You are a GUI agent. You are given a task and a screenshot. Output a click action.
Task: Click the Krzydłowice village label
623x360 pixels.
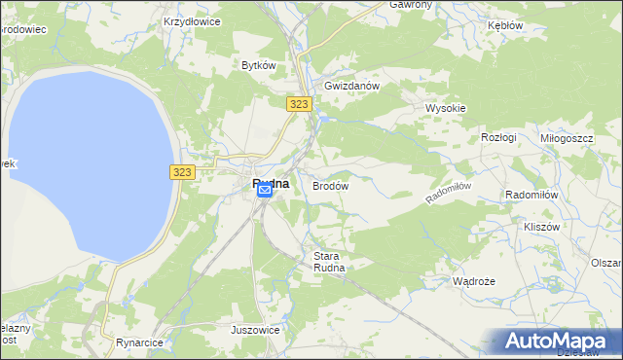pyautogui.click(x=192, y=19)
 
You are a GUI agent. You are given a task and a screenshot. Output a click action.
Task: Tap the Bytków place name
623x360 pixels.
pyautogui.click(x=259, y=65)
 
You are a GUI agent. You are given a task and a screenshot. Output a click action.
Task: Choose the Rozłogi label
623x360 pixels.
pyautogui.click(x=498, y=138)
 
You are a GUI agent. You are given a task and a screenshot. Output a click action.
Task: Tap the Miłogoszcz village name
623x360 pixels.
pyautogui.click(x=567, y=138)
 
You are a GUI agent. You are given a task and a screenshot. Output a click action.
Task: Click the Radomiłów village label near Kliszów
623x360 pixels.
pyautogui.click(x=531, y=195)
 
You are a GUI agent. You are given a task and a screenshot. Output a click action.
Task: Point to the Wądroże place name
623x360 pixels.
pyautogui.click(x=474, y=281)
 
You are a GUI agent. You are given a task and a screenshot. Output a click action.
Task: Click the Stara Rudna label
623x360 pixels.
pyautogui.click(x=329, y=262)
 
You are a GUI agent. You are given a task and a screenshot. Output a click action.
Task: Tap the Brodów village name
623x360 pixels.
pyautogui.click(x=330, y=184)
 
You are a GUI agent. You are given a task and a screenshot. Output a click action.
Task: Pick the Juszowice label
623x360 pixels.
pyautogui.click(x=255, y=330)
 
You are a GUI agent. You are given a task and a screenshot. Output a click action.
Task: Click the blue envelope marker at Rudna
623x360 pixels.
pyautogui.click(x=265, y=192)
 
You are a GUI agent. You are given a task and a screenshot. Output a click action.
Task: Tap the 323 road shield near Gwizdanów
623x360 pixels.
pyautogui.click(x=299, y=102)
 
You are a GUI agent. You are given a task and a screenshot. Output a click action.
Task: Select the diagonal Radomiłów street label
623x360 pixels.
pyautogui.click(x=449, y=192)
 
